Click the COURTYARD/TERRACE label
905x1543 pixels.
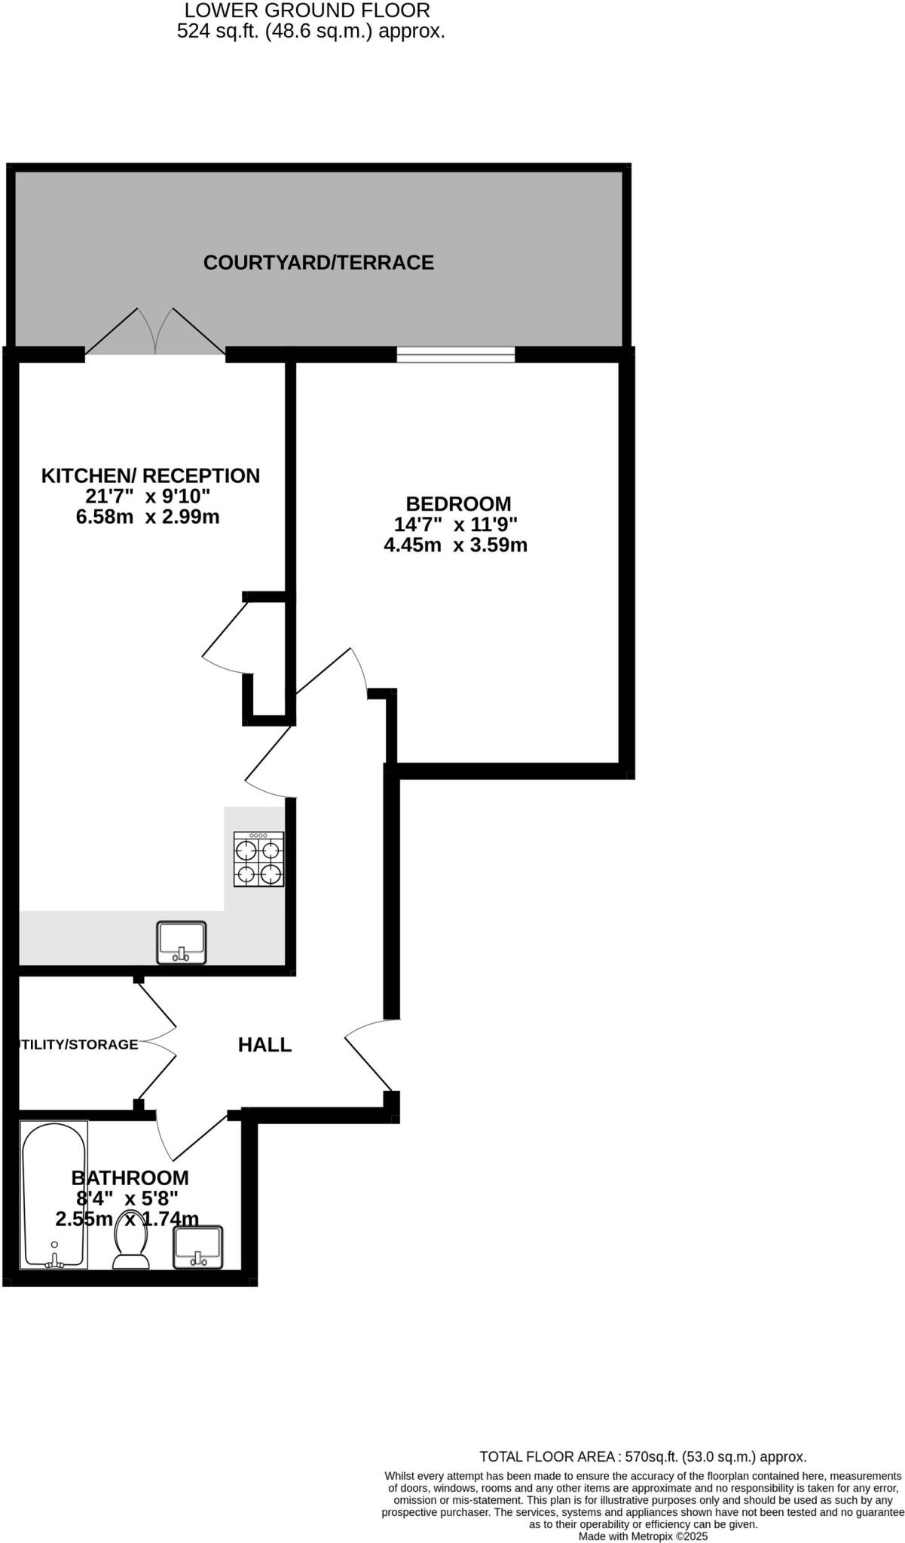click(318, 262)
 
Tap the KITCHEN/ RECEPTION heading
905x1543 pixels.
click(150, 475)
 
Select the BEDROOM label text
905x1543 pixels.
click(458, 503)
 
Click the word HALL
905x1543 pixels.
click(264, 1044)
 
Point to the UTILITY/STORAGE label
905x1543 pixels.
click(78, 1044)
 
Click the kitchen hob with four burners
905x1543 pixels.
click(258, 859)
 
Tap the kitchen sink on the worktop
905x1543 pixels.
click(181, 943)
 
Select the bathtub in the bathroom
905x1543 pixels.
click(54, 1194)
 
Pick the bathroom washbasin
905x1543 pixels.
click(198, 1247)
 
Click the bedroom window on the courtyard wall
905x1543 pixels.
click(456, 354)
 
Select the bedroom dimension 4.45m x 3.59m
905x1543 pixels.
click(455, 545)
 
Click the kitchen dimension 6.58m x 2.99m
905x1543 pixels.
click(148, 517)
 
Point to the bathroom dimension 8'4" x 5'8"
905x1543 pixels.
click(127, 1198)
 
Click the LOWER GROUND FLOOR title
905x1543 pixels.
click(307, 11)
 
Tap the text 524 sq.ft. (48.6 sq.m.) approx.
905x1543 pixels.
click(310, 32)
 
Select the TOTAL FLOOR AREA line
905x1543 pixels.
click(643, 1457)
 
